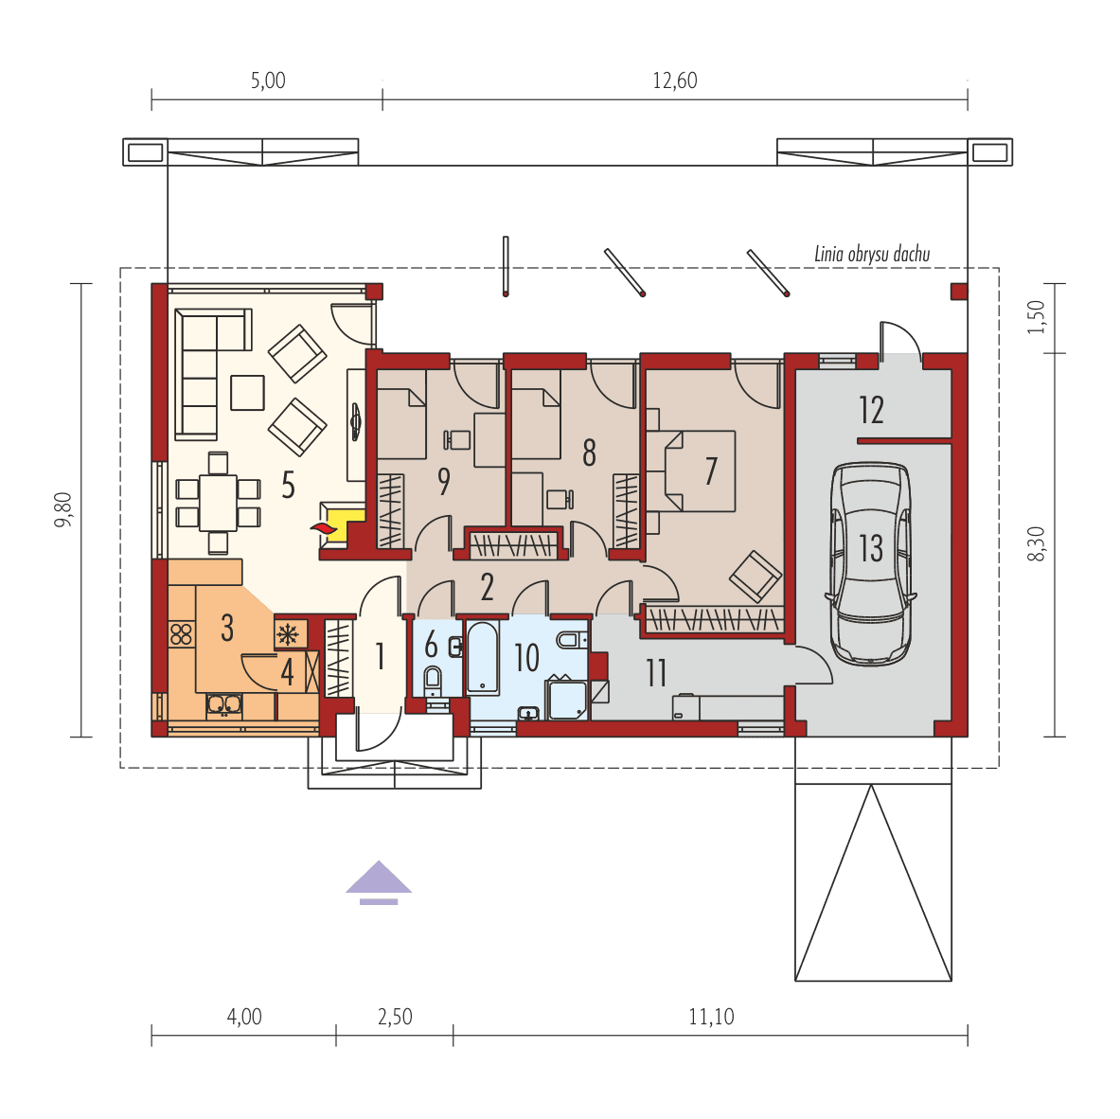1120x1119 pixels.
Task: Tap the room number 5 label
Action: click(288, 486)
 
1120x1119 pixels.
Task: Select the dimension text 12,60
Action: click(674, 80)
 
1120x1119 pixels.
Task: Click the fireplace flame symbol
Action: click(323, 528)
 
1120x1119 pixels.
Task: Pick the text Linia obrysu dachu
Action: click(872, 254)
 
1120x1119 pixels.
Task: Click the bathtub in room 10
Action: click(483, 656)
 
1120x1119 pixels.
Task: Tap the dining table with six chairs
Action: click(219, 502)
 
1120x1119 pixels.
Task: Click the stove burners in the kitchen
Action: click(181, 633)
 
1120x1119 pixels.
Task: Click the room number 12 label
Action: click(871, 411)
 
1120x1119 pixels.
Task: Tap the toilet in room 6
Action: click(433, 679)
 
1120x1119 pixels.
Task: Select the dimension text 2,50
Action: click(395, 1018)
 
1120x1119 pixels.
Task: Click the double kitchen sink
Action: click(224, 703)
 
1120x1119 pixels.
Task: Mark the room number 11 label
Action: click(655, 673)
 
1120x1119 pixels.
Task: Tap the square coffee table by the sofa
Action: click(247, 393)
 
